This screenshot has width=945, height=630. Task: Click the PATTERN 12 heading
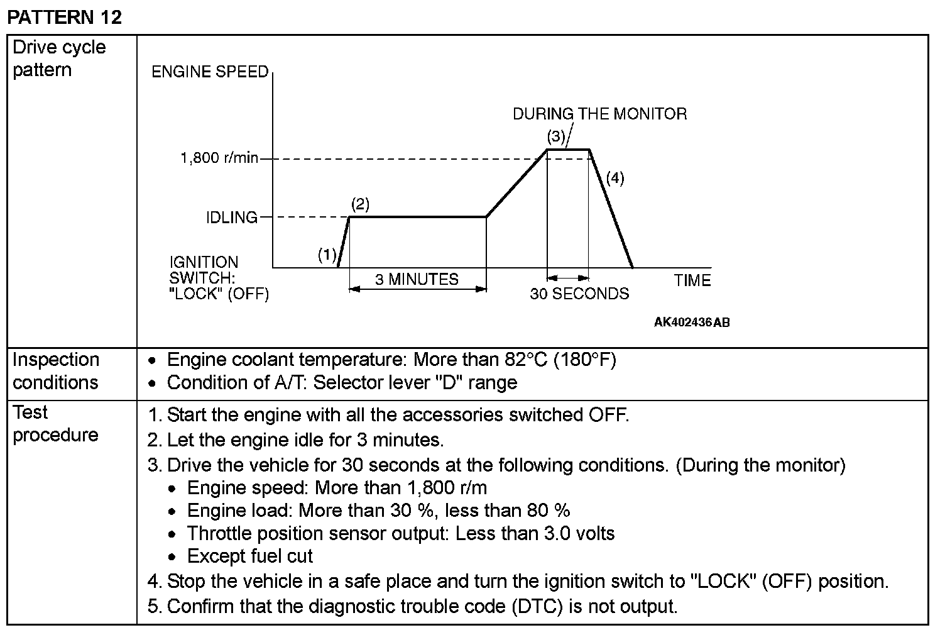(64, 17)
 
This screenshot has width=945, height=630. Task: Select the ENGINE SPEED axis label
(210, 72)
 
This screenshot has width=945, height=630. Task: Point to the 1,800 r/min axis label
(219, 158)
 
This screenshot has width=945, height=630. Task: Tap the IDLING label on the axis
(232, 218)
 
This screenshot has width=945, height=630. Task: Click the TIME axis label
(692, 281)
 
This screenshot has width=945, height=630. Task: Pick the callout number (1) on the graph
(327, 255)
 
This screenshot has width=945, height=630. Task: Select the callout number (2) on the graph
(360, 204)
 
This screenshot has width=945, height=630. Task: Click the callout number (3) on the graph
(555, 135)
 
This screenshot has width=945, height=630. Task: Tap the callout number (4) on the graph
(615, 178)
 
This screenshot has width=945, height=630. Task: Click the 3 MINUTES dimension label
(417, 279)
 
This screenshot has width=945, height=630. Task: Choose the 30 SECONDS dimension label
(579, 294)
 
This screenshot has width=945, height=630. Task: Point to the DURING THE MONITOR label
(600, 114)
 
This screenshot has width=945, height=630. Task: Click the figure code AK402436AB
(692, 323)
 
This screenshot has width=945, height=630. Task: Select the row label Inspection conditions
(56, 371)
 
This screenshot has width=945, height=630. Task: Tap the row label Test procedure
(55, 423)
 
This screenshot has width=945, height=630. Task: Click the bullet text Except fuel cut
(249, 556)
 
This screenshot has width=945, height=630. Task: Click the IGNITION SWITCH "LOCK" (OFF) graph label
(219, 278)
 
